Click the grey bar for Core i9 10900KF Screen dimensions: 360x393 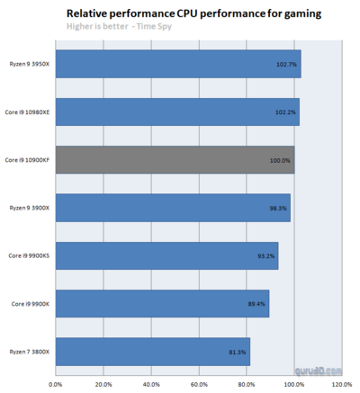175,160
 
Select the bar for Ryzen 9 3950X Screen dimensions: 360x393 178,64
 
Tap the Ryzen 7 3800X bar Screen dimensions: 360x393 153,352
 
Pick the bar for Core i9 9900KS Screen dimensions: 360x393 166,255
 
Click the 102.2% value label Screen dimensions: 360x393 285,112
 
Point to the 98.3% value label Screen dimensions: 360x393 278,209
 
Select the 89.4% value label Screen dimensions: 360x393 256,304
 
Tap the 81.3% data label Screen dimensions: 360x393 238,353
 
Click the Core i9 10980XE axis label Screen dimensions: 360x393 27,112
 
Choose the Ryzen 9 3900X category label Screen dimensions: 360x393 29,208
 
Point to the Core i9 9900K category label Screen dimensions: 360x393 31,304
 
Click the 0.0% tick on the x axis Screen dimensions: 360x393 56,384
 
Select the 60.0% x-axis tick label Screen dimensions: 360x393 199,384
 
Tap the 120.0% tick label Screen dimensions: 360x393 342,384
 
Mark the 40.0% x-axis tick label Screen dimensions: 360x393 151,384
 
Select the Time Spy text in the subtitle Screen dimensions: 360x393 154,26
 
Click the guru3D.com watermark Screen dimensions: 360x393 319,371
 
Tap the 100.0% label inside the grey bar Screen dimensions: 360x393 280,161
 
